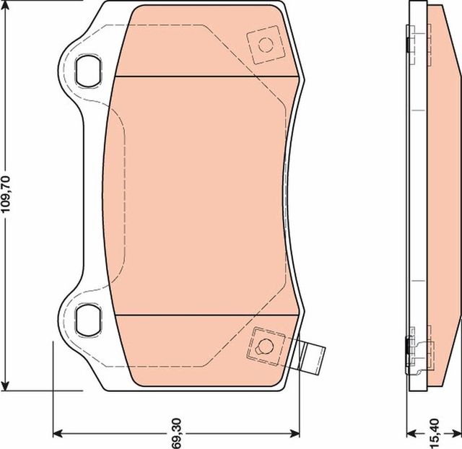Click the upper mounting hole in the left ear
[x=87, y=70]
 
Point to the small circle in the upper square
[x=265, y=45]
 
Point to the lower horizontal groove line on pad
[x=206, y=315]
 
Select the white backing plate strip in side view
[x=417, y=195]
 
